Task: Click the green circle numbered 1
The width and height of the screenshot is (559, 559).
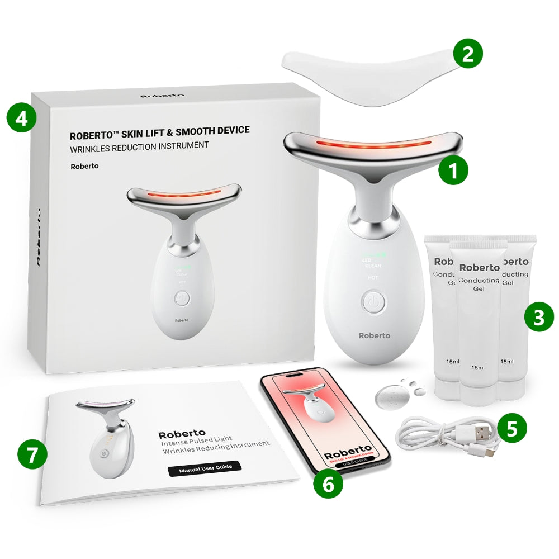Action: click(x=453, y=171)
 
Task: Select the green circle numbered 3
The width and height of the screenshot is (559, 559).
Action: click(x=538, y=318)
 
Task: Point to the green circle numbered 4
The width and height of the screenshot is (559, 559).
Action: click(x=21, y=119)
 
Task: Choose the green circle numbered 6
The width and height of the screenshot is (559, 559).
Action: click(x=328, y=484)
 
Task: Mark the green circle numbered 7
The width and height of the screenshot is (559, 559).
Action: click(x=32, y=454)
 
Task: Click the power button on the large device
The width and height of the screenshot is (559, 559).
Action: click(x=374, y=303)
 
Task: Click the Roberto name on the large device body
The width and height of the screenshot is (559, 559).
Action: click(x=374, y=335)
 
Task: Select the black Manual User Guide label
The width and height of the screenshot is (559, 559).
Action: click(x=205, y=469)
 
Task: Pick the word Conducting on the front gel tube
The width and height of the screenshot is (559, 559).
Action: click(x=478, y=280)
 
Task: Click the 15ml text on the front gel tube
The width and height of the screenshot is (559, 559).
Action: click(x=477, y=367)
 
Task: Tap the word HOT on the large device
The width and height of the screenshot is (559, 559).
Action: click(x=372, y=277)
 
